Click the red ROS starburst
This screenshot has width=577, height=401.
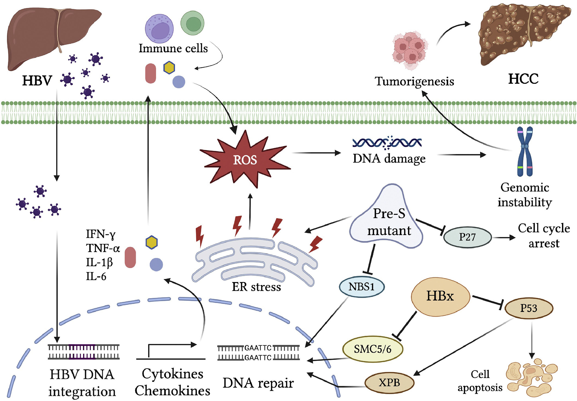coord(245,160)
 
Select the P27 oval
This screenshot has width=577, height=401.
coord(467,237)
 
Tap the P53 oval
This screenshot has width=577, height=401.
coord(528,308)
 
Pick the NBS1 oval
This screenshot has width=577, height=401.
coord(361,287)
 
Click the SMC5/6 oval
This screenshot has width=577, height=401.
coord(373,349)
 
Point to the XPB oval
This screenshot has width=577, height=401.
coord(389,383)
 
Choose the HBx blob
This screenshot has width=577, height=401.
coord(440,297)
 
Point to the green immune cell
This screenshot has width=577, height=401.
coord(192,23)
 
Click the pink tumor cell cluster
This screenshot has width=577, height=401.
coord(410,50)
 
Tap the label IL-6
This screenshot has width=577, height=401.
coord(96,277)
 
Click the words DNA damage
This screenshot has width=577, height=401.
coord(389,159)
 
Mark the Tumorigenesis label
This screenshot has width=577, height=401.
coord(415,81)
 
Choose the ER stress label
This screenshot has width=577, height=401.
coord(256,287)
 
